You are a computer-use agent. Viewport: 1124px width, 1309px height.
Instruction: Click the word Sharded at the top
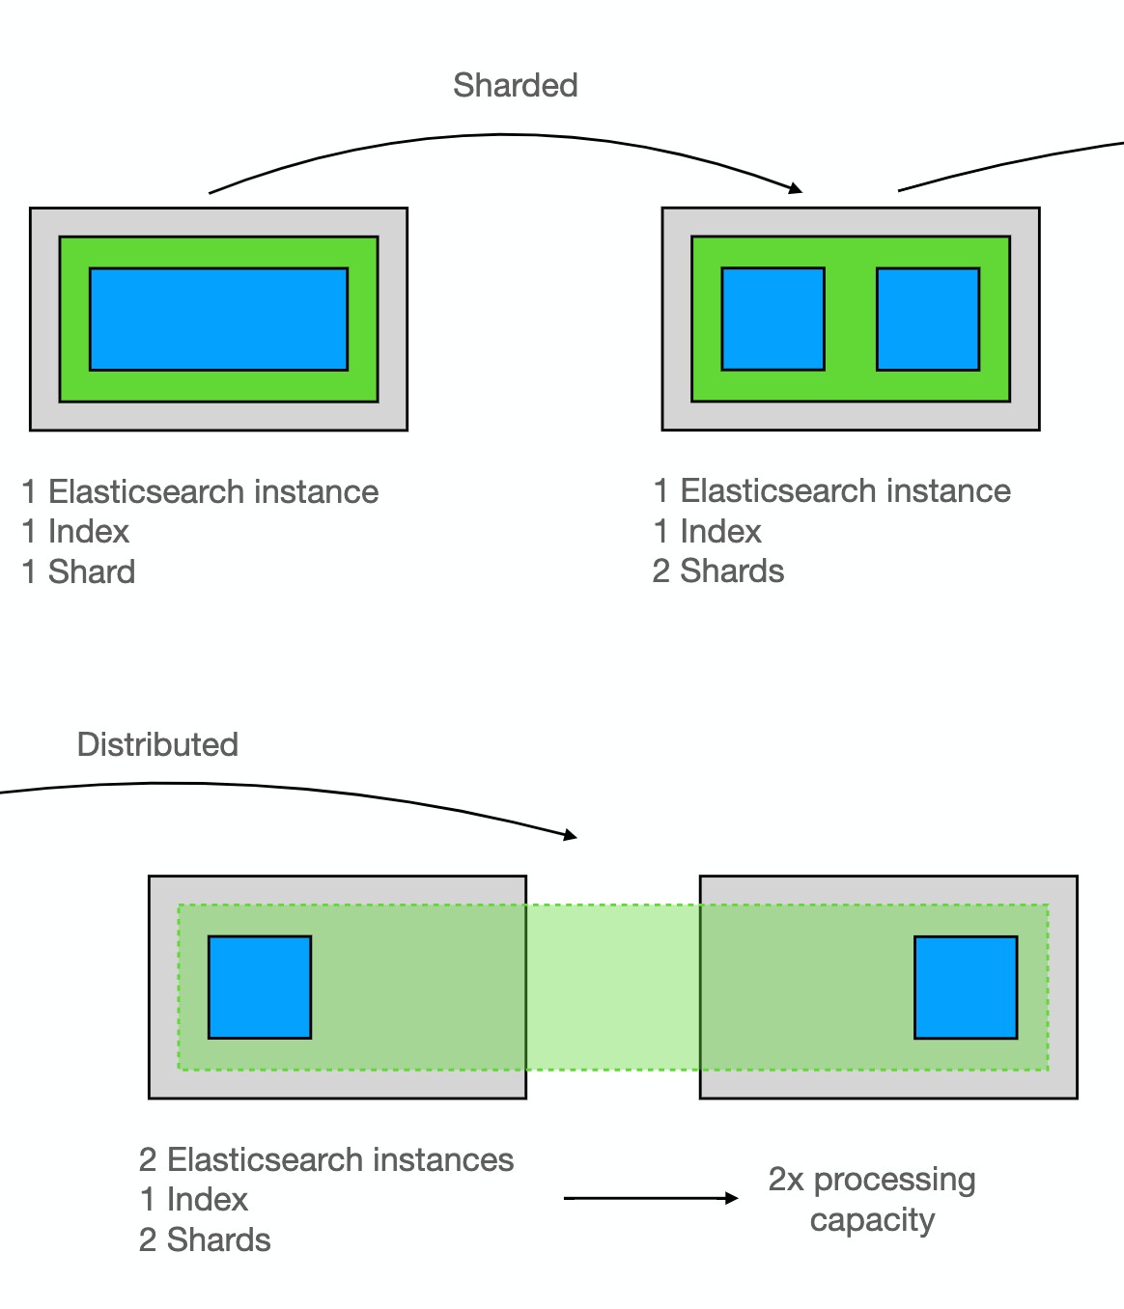tap(515, 86)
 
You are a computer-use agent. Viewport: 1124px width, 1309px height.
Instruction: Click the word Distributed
tap(157, 744)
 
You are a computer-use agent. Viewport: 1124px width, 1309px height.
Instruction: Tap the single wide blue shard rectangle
tap(218, 319)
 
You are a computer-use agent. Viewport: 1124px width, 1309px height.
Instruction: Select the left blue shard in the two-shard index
tap(773, 319)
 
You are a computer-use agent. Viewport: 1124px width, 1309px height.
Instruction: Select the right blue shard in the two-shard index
tap(927, 319)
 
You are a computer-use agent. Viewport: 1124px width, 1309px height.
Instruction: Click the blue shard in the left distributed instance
tap(260, 987)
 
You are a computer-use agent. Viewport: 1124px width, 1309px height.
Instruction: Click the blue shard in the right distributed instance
tap(966, 987)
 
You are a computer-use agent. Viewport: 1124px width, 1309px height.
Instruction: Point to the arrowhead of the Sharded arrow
tap(796, 188)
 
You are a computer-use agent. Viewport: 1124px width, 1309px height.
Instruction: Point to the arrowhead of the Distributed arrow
tap(571, 835)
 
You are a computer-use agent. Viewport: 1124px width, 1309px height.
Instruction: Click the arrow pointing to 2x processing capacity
tap(651, 1198)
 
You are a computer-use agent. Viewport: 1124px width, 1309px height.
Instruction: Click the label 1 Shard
tap(78, 571)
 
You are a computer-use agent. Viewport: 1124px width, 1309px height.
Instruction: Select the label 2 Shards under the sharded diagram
tap(718, 571)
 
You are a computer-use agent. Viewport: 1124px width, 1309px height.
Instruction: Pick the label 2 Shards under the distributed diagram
tap(205, 1239)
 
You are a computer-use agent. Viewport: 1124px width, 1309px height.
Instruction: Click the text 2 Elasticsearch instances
tap(326, 1159)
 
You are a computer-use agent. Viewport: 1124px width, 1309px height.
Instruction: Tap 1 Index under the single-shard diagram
tap(75, 531)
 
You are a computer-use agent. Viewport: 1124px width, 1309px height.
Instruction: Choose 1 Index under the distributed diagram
tap(194, 1199)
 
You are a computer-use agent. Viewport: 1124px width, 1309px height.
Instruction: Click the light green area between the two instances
tap(612, 987)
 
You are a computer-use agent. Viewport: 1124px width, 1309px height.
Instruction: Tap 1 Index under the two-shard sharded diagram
tap(708, 531)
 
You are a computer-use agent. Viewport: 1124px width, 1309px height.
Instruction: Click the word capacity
tap(872, 1220)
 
